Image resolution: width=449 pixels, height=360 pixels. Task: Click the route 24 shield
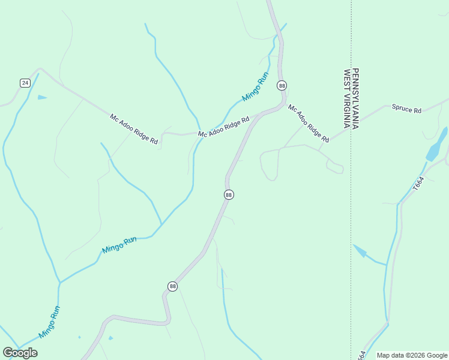point(25,83)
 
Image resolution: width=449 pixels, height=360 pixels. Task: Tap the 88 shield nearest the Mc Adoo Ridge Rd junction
point(282,85)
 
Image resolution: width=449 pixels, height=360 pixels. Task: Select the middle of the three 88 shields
point(228,194)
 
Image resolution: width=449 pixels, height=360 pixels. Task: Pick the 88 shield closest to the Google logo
point(172,286)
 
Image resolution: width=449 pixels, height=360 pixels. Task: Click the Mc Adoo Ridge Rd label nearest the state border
point(309,124)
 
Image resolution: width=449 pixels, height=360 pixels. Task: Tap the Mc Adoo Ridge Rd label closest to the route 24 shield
point(134,129)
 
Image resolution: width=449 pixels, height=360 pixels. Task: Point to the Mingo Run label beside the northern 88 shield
point(255,87)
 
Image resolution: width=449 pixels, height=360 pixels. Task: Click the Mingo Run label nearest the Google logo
point(50,322)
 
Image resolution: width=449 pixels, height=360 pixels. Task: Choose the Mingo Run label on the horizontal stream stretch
point(119,245)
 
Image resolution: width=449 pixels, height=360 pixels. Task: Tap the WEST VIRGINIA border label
point(346,99)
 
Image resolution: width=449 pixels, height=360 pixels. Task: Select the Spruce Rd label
point(407,109)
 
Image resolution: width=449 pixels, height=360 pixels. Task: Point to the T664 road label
point(418,184)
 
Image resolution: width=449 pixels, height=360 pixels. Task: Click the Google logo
point(20,352)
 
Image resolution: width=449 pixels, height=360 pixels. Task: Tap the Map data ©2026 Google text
point(412,355)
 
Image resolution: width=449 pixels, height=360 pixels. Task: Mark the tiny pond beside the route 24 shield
point(41,97)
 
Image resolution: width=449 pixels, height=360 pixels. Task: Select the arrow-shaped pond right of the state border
point(361,251)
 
